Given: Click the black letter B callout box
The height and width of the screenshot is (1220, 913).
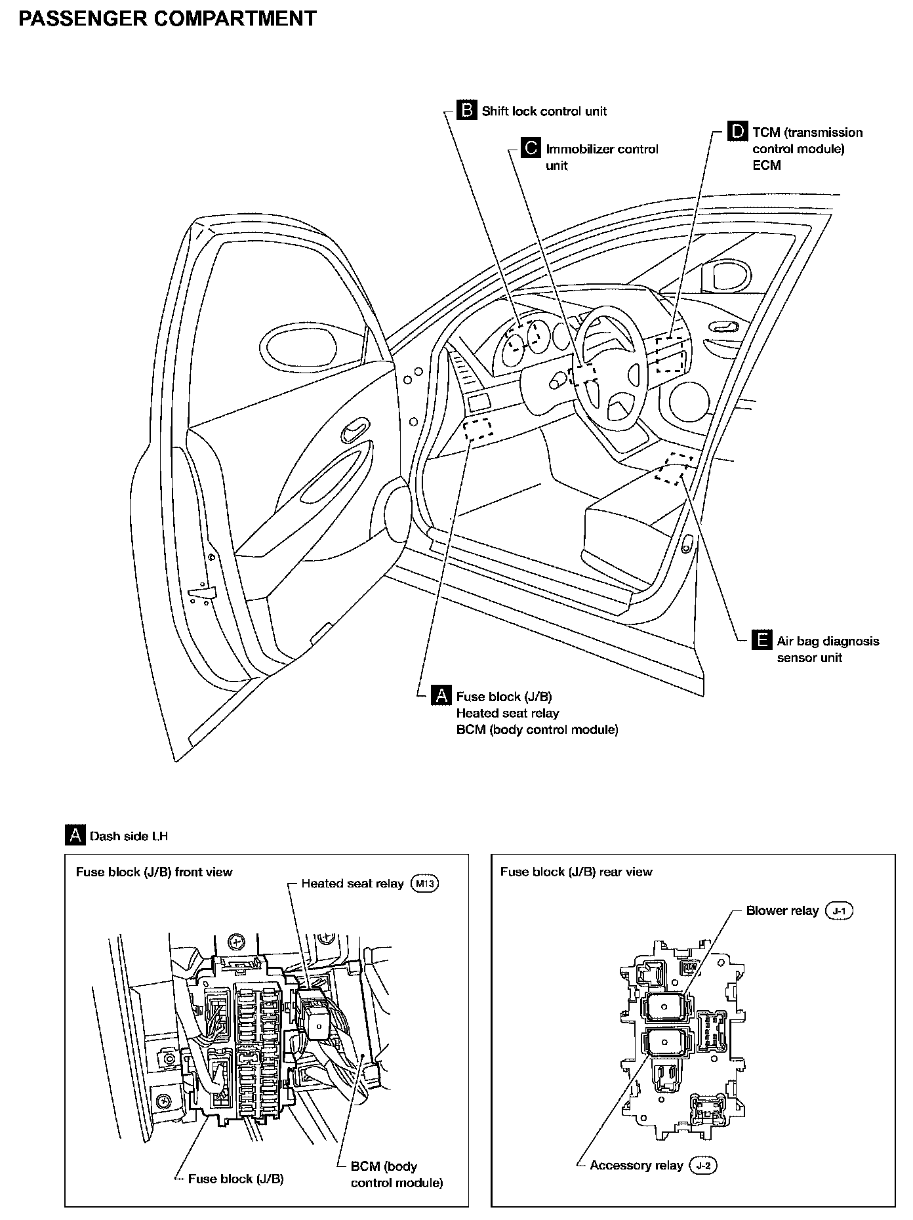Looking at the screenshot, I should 467,110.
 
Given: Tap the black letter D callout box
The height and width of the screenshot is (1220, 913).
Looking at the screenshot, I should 738,131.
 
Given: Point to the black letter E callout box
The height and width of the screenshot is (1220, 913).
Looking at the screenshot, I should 761,640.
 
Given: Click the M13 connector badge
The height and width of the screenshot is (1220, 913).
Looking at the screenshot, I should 424,884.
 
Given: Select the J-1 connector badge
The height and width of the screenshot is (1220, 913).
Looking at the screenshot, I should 839,910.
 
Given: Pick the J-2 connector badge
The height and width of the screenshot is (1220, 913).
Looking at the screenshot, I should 703,1165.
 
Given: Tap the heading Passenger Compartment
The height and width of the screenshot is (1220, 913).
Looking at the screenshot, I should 167,19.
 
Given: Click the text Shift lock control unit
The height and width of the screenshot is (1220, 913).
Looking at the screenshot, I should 544,112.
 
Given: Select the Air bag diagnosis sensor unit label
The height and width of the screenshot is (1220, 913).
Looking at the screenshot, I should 828,649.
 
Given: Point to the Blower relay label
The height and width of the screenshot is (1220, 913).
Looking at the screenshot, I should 782,910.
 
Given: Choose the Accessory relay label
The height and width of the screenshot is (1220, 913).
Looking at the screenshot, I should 636,1165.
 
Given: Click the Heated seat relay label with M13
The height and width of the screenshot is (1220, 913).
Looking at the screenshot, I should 352,884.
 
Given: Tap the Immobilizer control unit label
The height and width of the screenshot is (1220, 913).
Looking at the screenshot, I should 601,157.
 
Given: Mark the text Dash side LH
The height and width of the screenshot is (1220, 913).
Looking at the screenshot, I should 129,836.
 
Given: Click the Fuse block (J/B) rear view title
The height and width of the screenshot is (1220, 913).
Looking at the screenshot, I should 576,872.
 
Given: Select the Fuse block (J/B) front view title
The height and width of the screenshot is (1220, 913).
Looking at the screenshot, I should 154,872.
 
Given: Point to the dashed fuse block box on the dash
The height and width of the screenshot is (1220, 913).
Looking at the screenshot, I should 479,429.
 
